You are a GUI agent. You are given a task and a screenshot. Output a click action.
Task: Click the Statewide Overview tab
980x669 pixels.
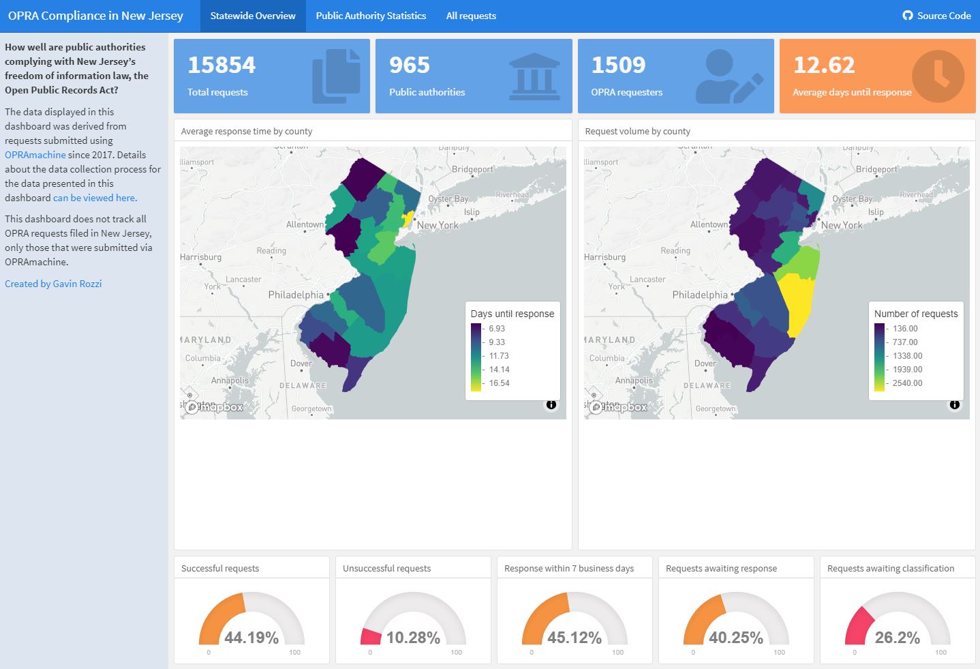(x=252, y=16)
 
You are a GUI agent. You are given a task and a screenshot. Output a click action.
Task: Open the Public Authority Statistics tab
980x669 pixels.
(x=371, y=16)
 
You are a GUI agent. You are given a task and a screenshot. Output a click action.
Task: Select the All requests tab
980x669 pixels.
(x=471, y=16)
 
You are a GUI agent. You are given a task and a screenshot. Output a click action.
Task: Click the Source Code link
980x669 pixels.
(x=937, y=16)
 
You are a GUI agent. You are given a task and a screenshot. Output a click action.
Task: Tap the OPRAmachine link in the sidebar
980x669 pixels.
(x=35, y=155)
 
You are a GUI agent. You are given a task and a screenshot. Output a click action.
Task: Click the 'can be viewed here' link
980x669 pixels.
(x=95, y=198)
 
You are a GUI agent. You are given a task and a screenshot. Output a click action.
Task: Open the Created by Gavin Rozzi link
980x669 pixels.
(x=53, y=284)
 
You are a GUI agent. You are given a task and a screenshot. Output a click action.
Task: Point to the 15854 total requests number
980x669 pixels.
(x=221, y=65)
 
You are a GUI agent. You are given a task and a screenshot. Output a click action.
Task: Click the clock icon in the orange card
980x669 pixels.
(x=938, y=76)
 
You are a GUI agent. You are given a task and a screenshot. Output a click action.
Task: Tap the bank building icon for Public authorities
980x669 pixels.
(x=534, y=76)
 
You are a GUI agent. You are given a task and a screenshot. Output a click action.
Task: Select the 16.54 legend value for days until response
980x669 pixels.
(x=499, y=383)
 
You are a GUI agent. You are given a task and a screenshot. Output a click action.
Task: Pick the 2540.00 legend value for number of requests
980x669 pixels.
(x=907, y=383)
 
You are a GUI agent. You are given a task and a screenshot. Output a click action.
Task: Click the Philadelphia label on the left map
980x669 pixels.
(x=296, y=295)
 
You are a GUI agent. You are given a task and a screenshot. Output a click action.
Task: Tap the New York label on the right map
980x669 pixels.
(x=841, y=225)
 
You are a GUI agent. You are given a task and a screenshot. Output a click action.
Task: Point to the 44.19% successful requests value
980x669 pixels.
(x=251, y=638)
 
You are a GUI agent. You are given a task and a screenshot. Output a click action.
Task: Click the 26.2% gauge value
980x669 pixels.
(x=897, y=638)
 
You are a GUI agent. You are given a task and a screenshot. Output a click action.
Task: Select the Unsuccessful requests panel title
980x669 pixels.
(x=386, y=568)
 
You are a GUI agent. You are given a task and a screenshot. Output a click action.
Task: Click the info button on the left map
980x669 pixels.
(x=551, y=404)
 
